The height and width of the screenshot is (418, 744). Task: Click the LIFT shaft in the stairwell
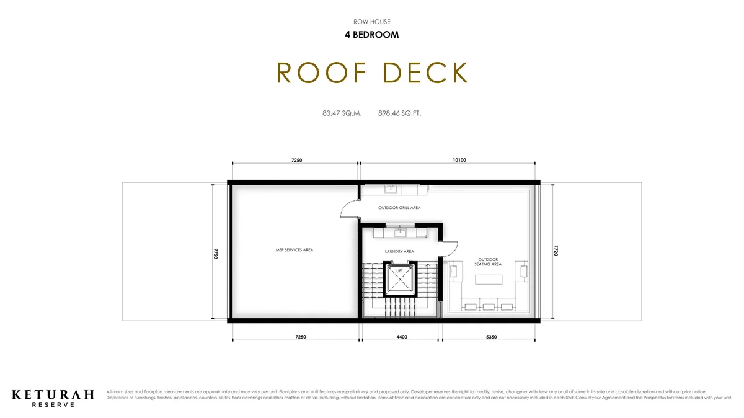point(400,279)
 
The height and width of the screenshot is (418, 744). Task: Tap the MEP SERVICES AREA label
point(294,250)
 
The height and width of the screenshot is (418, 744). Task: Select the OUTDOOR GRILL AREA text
point(399,208)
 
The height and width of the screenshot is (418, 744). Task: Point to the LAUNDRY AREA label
point(399,251)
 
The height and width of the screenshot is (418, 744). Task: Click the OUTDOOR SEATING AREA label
point(488,262)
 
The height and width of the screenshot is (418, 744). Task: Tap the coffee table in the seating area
point(488,279)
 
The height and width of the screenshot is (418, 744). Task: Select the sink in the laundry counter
point(400,233)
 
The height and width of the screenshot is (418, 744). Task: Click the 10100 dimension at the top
point(459,160)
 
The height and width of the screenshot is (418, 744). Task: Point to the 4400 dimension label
point(401,337)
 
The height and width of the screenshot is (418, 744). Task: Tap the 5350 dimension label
point(491,337)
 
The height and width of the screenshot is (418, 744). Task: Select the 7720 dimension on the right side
point(556,250)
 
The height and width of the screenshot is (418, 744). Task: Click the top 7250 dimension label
point(296,160)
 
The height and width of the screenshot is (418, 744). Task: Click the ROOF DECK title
point(372,73)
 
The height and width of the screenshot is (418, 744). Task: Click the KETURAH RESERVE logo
point(53,397)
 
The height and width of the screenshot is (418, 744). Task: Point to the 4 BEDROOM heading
point(372,35)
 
